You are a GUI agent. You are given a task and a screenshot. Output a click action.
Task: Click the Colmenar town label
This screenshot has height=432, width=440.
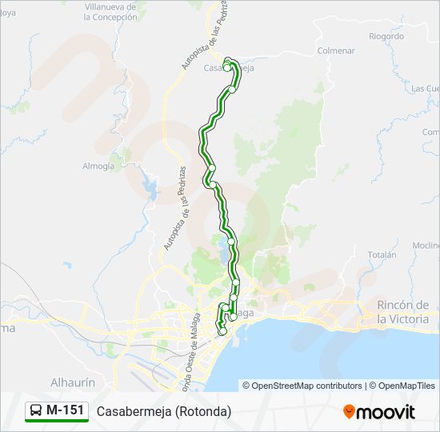pyautogui.click(x=336, y=50)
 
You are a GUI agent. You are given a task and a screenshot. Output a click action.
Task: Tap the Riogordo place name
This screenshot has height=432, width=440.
pyautogui.click(x=386, y=36)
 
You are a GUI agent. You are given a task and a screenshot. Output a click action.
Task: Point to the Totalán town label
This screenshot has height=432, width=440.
pyautogui.click(x=382, y=254)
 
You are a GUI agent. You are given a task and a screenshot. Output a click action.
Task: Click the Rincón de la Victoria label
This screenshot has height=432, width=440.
pyautogui.click(x=403, y=312)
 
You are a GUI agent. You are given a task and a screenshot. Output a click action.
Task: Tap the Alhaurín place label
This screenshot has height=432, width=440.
pyautogui.click(x=73, y=382)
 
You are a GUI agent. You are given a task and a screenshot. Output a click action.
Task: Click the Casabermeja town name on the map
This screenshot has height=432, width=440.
pyautogui.click(x=229, y=69)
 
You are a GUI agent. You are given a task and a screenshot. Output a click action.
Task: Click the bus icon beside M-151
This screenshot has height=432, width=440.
pyautogui.click(x=36, y=410)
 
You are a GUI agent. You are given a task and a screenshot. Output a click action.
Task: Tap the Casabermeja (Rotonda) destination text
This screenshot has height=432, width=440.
pyautogui.click(x=164, y=411)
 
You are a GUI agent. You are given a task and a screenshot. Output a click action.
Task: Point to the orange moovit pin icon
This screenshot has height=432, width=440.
pyautogui.click(x=349, y=411)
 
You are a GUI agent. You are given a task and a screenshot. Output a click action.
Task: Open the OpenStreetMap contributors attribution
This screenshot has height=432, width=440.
pyautogui.click(x=303, y=386)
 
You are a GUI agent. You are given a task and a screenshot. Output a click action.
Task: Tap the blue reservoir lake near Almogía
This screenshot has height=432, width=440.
pyautogui.click(x=150, y=189)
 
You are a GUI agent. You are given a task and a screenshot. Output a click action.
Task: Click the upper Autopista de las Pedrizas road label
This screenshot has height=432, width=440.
pyautogui.click(x=201, y=42)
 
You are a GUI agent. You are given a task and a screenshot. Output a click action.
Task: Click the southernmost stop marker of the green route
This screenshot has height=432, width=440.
pyautogui.click(x=222, y=331)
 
